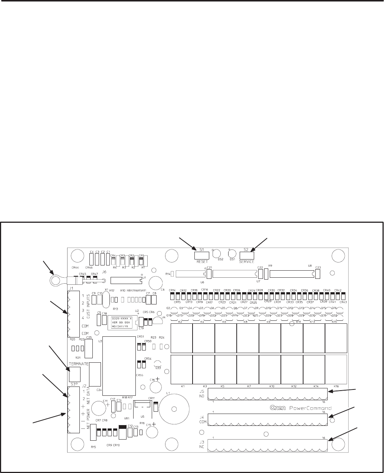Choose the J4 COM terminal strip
(268, 419)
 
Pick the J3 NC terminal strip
(268, 446)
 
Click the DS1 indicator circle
(232, 254)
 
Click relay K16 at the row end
(336, 369)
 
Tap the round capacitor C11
(99, 408)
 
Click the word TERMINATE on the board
(78, 363)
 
